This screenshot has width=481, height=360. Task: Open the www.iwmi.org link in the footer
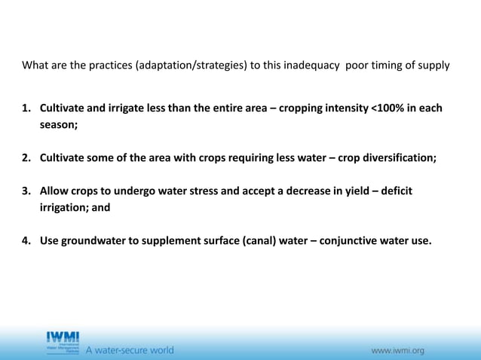click(397, 350)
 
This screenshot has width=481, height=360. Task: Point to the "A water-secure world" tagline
click(130, 350)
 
